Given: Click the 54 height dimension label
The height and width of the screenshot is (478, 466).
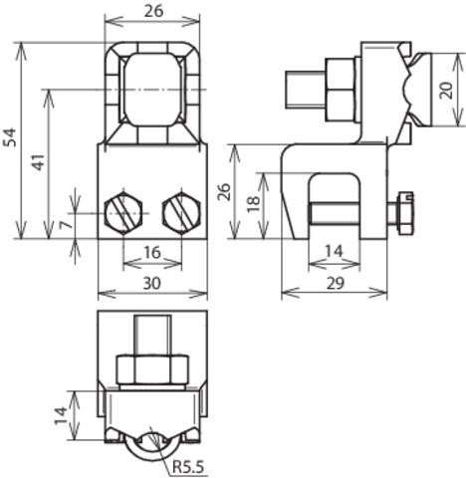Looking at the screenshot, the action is [x=10, y=137].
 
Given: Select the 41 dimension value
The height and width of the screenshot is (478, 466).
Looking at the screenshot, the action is [x=39, y=161].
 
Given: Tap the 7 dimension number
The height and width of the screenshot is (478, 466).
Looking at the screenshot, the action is [x=66, y=224].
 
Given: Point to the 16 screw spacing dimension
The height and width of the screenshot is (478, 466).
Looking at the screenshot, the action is [x=152, y=252].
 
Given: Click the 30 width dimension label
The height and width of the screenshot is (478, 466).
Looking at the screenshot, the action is [x=151, y=283].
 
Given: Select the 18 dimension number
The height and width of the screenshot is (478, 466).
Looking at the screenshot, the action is [x=255, y=203].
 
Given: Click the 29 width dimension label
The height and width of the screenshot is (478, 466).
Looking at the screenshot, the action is [x=336, y=283].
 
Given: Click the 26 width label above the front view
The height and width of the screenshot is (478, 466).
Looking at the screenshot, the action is [x=154, y=11].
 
